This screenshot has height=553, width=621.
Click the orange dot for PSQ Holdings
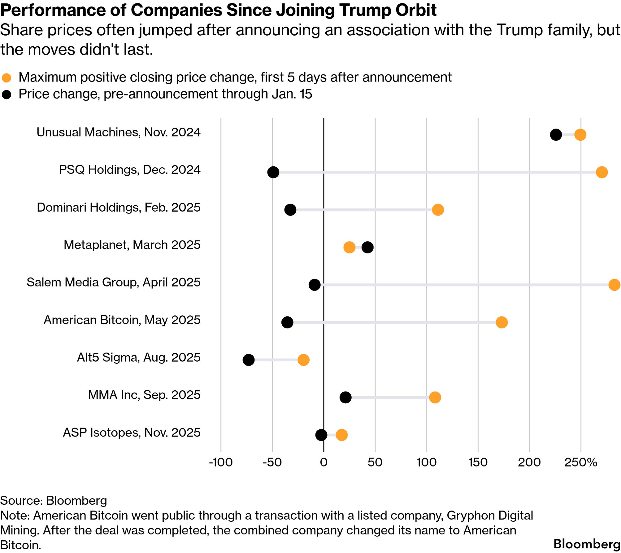(x=601, y=172)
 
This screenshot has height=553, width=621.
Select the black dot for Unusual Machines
(x=556, y=134)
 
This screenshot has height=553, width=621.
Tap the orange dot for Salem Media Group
(x=614, y=284)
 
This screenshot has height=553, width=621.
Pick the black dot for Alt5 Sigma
(x=249, y=360)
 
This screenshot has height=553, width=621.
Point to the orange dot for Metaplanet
(x=349, y=247)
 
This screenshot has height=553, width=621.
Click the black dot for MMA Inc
(x=345, y=397)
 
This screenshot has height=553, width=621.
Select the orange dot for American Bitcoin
(x=502, y=322)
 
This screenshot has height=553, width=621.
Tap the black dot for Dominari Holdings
(x=290, y=210)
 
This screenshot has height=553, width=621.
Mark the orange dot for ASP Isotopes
(x=341, y=435)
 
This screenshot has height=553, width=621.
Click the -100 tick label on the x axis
(x=220, y=462)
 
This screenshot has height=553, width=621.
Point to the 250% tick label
(x=580, y=462)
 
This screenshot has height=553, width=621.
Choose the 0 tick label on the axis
(x=324, y=462)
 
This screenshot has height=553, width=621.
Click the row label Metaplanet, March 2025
(x=132, y=245)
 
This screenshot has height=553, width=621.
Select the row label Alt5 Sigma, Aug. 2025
(x=138, y=357)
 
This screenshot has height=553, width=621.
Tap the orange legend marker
(x=7, y=78)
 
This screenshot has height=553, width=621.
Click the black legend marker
(x=7, y=94)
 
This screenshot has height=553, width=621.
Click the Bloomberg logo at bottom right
(x=586, y=544)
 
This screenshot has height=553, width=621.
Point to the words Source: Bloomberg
(x=54, y=500)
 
